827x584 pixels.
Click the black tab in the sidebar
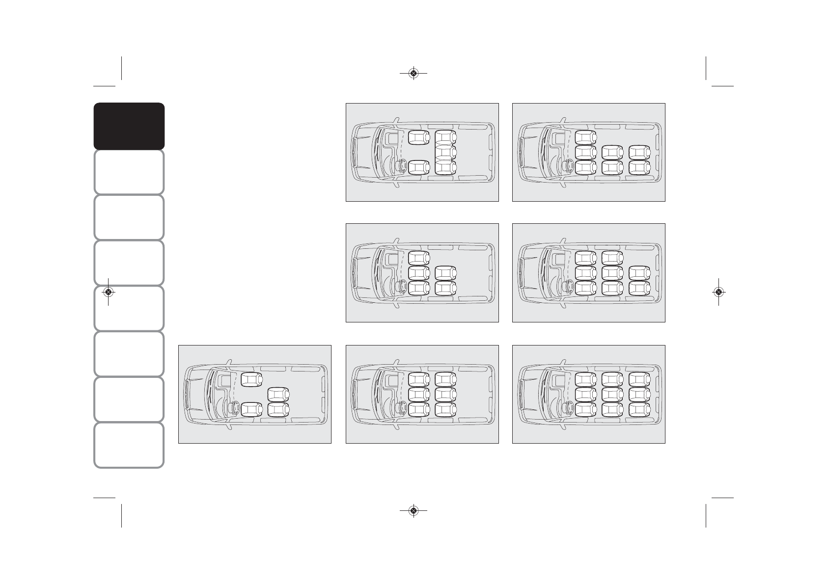point(129,126)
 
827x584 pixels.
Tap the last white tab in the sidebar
point(129,445)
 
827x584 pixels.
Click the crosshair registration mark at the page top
point(413,74)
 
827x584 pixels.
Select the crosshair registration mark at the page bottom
point(413,511)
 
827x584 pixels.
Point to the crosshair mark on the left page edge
point(109,292)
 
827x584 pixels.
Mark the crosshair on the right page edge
point(718,292)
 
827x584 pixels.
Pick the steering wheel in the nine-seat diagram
point(569,408)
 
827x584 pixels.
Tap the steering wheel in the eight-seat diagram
point(569,287)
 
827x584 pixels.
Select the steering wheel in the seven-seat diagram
point(569,166)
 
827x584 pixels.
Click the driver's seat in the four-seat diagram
point(252,409)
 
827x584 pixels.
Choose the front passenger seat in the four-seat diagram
point(252,379)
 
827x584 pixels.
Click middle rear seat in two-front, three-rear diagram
point(446,153)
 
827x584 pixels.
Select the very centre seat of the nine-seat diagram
point(612,394)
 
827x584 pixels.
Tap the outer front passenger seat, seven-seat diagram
point(585,138)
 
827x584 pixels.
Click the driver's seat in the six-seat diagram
point(419,409)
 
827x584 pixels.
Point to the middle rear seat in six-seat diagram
point(446,394)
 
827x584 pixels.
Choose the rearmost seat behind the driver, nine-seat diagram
point(639,409)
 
